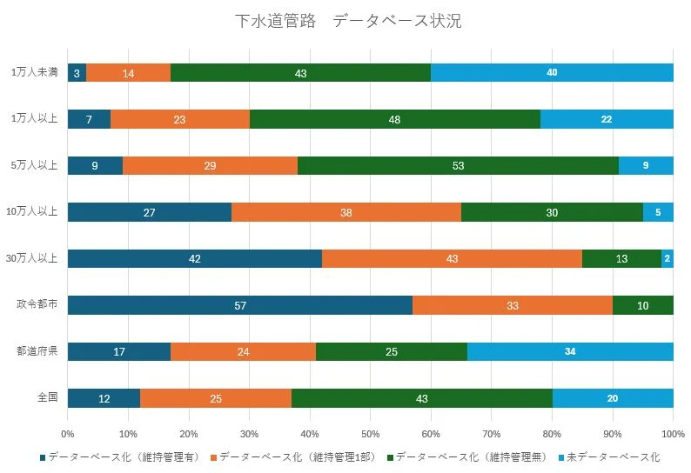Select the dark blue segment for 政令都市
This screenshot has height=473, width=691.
(239, 305)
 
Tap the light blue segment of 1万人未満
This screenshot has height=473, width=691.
(552, 73)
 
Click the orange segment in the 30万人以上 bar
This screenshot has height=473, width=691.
(452, 258)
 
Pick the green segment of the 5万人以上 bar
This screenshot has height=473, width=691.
(458, 165)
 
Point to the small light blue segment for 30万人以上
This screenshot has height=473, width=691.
(667, 258)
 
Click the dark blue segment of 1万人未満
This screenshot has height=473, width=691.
(77, 73)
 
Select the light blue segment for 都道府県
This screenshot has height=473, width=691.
(570, 351)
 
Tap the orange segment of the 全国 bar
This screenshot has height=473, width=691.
(216, 398)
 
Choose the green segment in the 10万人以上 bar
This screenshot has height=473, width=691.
(552, 212)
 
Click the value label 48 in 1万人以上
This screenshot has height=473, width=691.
(394, 119)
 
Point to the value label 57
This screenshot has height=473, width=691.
(239, 305)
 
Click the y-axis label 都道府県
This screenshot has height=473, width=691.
(37, 351)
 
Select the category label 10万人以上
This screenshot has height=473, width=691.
(31, 212)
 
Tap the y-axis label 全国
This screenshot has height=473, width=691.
(47, 397)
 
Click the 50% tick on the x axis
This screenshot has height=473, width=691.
(370, 433)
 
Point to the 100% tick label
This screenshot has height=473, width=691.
(673, 433)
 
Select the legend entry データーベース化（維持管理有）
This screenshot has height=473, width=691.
(121, 456)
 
